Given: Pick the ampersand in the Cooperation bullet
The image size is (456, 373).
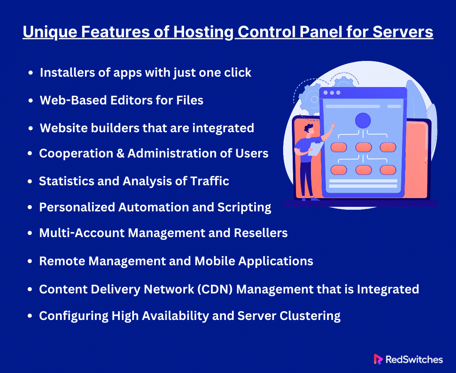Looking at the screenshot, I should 120,153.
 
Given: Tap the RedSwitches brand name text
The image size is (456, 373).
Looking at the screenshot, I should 414,359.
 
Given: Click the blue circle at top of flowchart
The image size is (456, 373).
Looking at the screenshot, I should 363,121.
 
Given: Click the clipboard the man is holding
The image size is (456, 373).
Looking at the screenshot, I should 315,149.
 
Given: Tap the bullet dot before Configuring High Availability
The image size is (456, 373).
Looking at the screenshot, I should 30,316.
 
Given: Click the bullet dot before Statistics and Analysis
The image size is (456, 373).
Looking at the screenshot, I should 30,182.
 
